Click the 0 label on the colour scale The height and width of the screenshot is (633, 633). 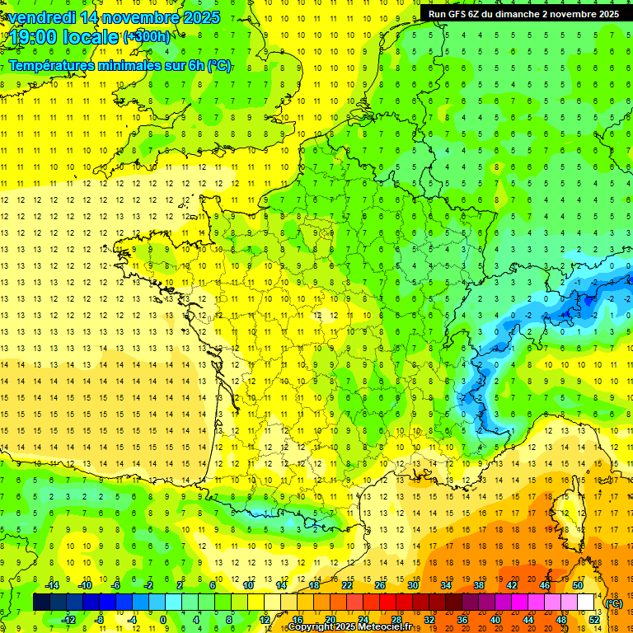(x=162, y=620)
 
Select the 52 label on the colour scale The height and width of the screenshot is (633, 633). (x=594, y=620)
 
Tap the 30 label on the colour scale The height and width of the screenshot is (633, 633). (x=411, y=585)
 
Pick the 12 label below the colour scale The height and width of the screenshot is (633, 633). (x=265, y=620)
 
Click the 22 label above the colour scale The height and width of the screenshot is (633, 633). (x=347, y=585)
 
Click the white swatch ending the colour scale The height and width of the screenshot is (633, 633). (x=586, y=603)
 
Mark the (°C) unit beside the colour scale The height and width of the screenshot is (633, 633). (x=613, y=603)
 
